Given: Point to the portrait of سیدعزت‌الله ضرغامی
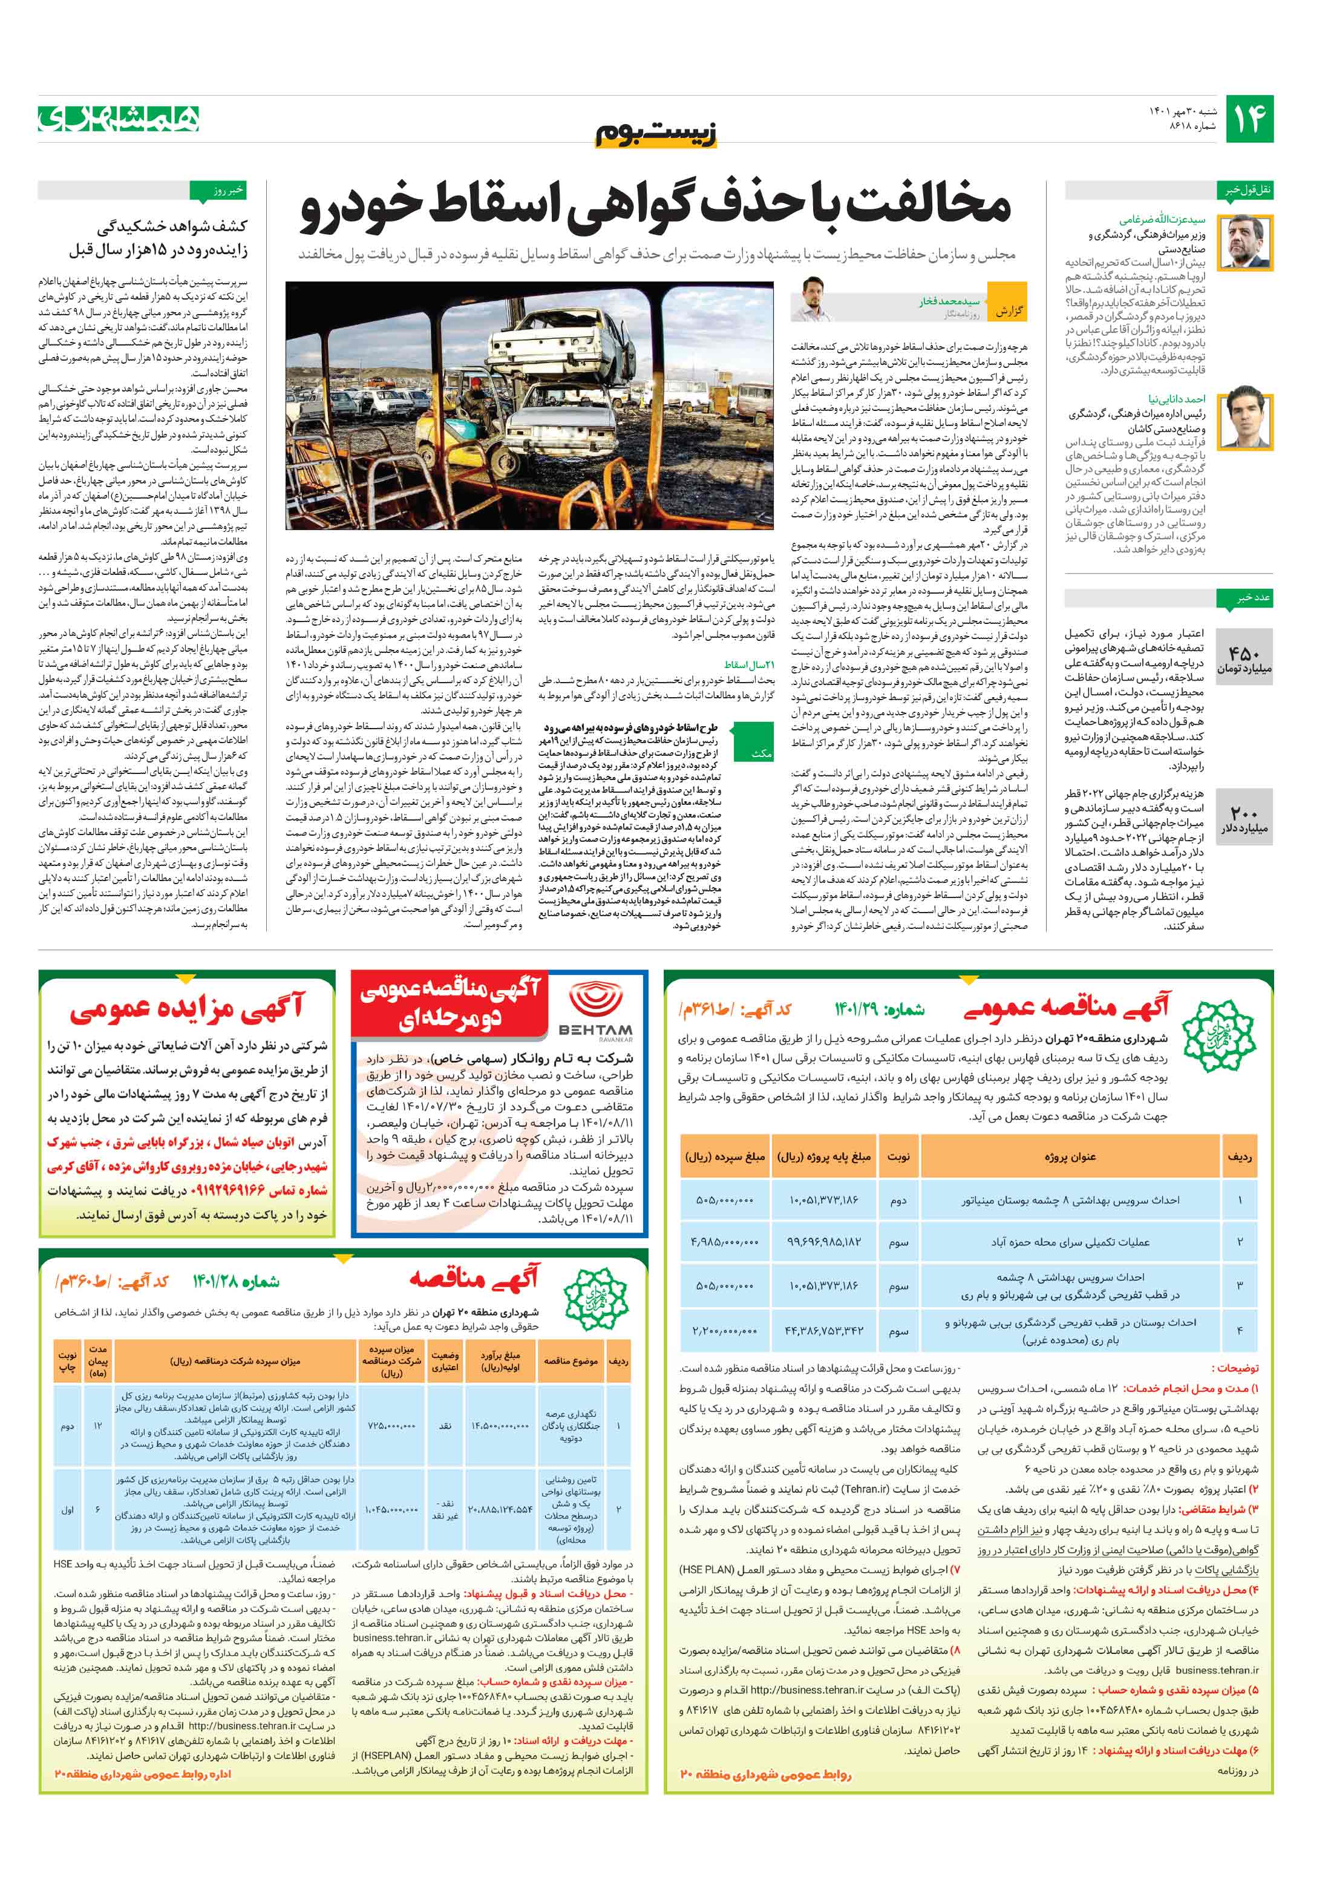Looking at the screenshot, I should [x=1248, y=241].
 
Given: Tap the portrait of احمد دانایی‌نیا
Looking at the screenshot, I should [x=1248, y=418].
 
